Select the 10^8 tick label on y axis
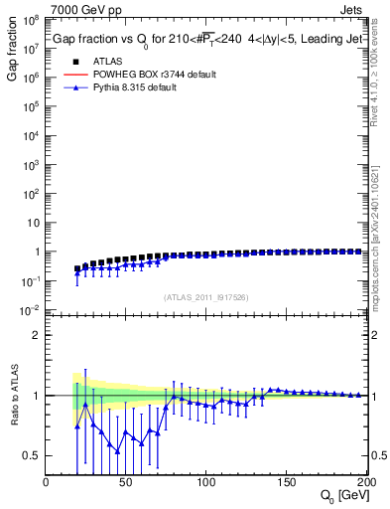[x=32, y=19]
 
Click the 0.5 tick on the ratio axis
[x=32, y=455]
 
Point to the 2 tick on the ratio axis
[x=37, y=335]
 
